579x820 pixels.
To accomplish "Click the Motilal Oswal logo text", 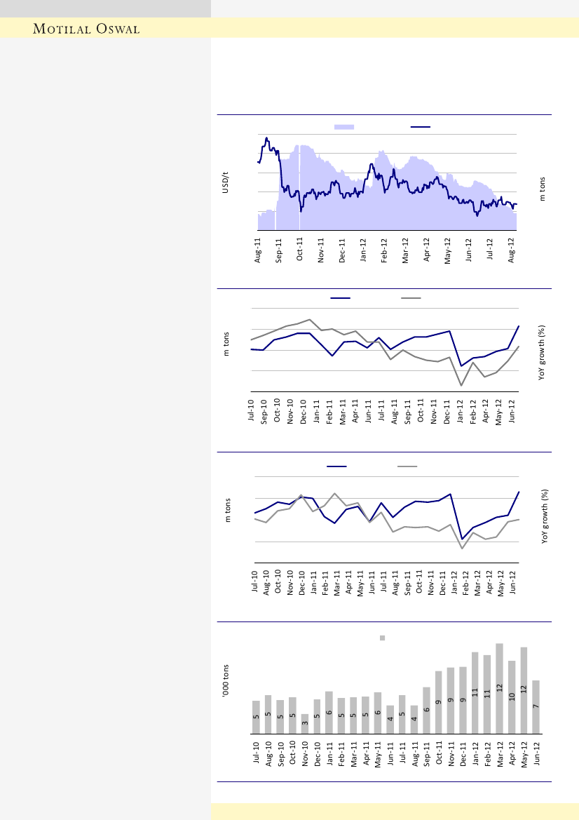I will point(87,29).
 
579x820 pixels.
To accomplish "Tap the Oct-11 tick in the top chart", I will point(300,250).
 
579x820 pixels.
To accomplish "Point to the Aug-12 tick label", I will point(512,250).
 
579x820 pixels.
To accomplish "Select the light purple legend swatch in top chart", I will point(344,127).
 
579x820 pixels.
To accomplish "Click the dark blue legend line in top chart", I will point(420,127).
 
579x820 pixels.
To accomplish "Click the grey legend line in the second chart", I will point(411,298).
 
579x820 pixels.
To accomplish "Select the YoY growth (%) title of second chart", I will point(543,353).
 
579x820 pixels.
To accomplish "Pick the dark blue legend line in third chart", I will point(336,466).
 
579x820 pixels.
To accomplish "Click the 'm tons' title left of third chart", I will point(228,511).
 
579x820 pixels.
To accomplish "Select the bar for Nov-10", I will point(305,724).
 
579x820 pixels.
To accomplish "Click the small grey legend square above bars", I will point(383,638).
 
